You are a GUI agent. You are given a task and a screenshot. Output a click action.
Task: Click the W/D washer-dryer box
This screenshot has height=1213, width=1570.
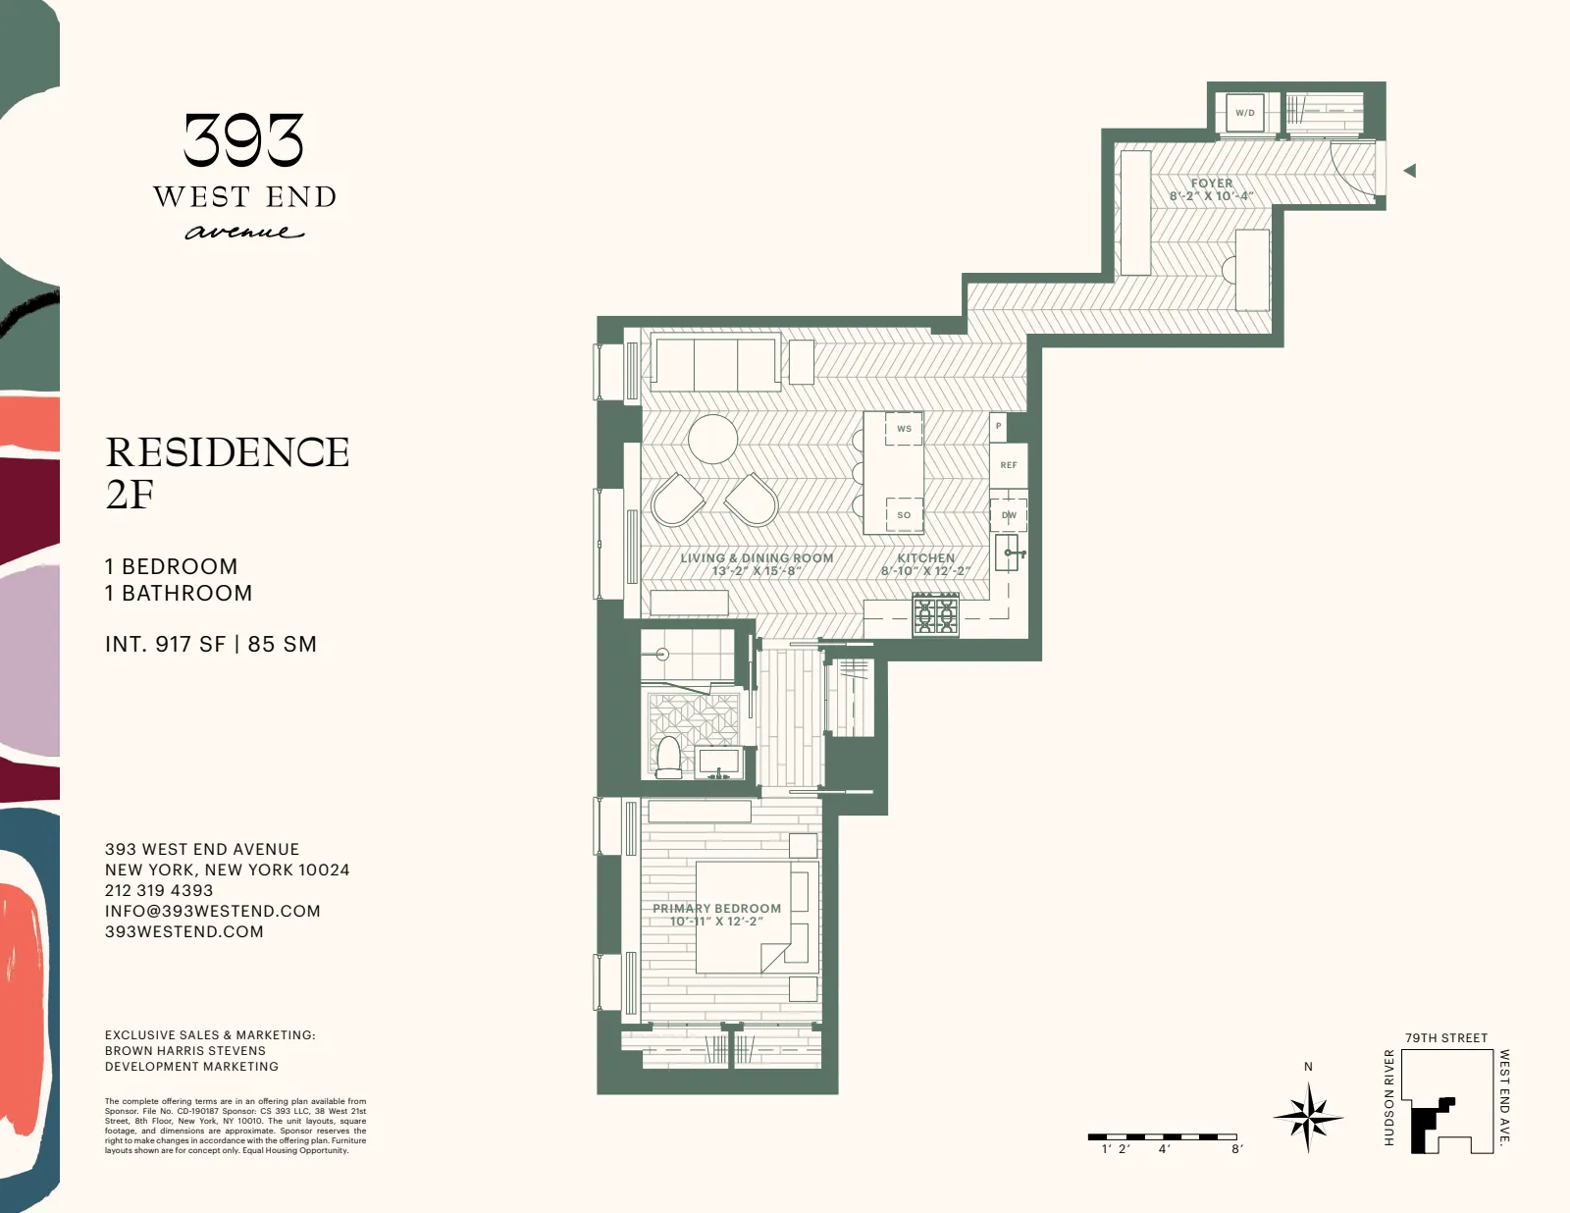pyautogui.click(x=1244, y=113)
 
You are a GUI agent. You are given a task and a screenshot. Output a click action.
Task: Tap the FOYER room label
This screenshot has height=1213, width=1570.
pyautogui.click(x=1212, y=184)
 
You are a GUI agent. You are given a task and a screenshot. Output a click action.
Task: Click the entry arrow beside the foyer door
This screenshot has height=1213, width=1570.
pyautogui.click(x=1410, y=171)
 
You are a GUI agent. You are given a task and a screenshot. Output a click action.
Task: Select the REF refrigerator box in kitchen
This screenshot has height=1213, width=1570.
pyautogui.click(x=1009, y=465)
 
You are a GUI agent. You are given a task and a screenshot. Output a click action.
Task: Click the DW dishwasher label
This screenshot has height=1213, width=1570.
pyautogui.click(x=1009, y=515)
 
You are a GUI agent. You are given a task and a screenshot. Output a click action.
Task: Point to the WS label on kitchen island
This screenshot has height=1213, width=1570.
pyautogui.click(x=904, y=429)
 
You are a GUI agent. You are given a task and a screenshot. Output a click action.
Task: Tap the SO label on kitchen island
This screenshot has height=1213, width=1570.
pyautogui.click(x=904, y=514)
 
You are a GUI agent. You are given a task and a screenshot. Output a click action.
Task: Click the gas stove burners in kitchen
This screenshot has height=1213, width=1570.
pyautogui.click(x=935, y=615)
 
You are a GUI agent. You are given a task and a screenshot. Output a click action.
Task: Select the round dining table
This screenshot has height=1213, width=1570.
pyautogui.click(x=712, y=440)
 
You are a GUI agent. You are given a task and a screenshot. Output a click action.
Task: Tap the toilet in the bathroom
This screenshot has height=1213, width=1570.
pyautogui.click(x=669, y=758)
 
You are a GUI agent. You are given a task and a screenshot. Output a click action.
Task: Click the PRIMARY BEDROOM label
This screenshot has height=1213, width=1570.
pyautogui.click(x=717, y=909)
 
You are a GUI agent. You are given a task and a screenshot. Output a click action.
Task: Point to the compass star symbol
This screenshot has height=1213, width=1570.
pyautogui.click(x=1308, y=1117)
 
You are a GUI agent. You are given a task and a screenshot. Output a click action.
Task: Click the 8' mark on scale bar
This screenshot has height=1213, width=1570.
pyautogui.click(x=1236, y=1148)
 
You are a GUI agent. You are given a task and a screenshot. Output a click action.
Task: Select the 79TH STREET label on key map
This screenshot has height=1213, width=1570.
pyautogui.click(x=1445, y=1038)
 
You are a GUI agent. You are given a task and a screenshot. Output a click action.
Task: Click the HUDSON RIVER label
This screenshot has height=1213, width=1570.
pyautogui.click(x=1388, y=1097)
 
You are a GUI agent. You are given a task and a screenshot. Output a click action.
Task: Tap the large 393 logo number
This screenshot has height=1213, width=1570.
pyautogui.click(x=244, y=140)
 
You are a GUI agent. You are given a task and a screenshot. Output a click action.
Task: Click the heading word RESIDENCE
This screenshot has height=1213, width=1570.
pyautogui.click(x=228, y=452)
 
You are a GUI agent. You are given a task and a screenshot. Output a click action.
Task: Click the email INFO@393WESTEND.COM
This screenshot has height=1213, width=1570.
pyautogui.click(x=213, y=911)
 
